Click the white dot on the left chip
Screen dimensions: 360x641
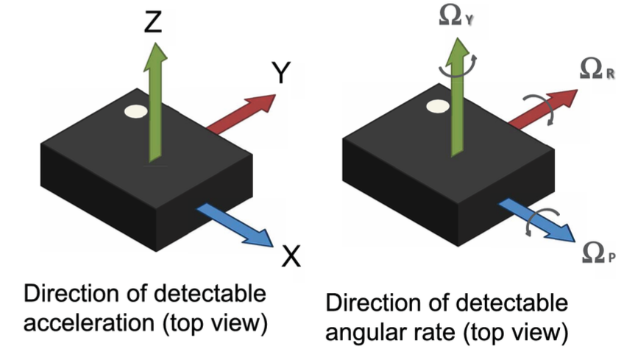pyautogui.click(x=136, y=112)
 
